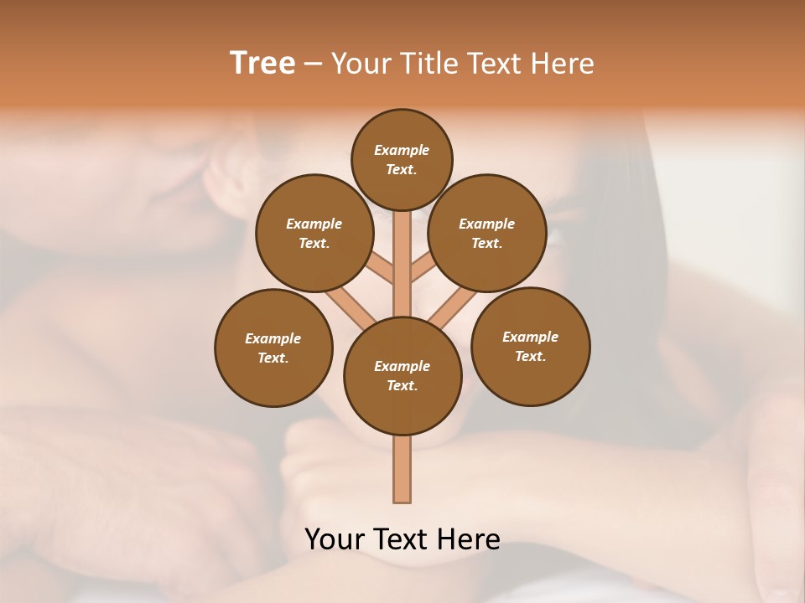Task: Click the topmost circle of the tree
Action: pos(402,159)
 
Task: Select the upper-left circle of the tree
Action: pos(314,233)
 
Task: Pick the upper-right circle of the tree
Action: pos(487,233)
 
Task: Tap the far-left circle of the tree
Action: pos(273,348)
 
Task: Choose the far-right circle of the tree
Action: pos(530,346)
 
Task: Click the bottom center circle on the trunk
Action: pos(402,375)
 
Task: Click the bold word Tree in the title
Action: pos(262,63)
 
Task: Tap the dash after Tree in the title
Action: pos(312,64)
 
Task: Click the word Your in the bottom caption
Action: pos(334,539)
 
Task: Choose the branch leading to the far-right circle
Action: pos(453,308)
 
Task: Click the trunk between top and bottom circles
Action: pos(402,264)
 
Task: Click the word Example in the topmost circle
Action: pos(402,150)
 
